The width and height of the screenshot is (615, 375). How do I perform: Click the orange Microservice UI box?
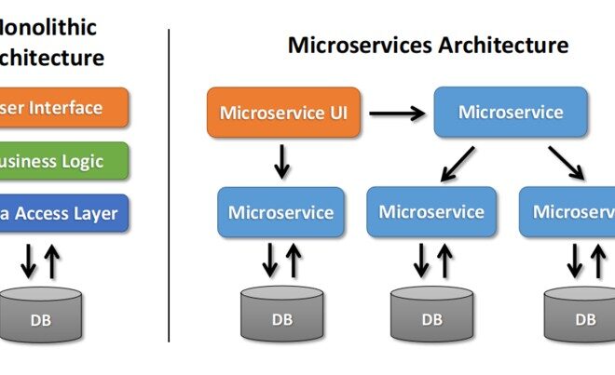283,113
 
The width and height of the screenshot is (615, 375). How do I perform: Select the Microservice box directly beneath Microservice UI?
280,212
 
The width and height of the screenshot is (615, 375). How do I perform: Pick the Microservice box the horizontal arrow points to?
511,112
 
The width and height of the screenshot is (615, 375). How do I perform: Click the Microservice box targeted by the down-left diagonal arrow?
431,211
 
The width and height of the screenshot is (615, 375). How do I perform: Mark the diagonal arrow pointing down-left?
458,162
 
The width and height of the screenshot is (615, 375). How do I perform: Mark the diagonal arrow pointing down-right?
566,162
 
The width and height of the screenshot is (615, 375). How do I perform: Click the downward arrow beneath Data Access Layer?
29,261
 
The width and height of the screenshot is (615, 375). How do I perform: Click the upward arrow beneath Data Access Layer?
51,261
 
